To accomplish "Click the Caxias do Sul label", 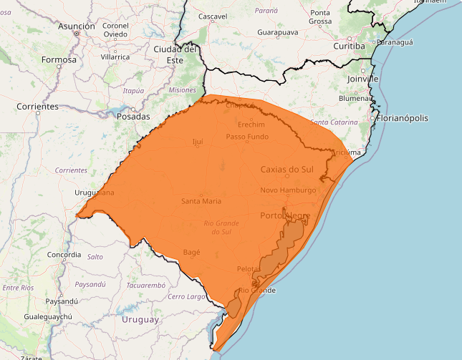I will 287,170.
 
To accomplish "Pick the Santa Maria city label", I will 201,201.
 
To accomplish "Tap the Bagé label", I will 191,252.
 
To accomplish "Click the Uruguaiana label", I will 95,193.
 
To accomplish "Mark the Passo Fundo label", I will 247,136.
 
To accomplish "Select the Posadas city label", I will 133,116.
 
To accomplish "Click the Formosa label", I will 59,59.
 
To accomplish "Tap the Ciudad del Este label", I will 175,54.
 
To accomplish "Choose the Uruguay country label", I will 140,319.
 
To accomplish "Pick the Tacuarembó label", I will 146,284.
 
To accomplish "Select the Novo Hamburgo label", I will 288,190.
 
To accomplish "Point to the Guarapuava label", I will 278,32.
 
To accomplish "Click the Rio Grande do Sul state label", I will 221,228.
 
